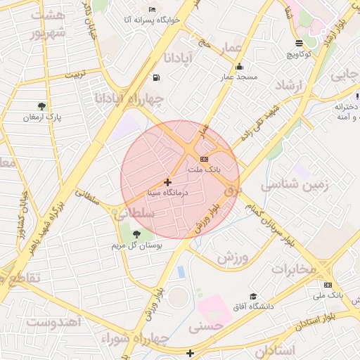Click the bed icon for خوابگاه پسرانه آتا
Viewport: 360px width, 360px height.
153,10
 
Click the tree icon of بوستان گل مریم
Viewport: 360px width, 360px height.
136,234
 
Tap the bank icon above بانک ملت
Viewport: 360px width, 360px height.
204,159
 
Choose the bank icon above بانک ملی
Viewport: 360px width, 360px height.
328,284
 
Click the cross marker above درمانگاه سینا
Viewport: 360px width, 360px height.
167,182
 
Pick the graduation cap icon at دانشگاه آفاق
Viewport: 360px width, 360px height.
253,296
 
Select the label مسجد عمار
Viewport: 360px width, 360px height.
238,76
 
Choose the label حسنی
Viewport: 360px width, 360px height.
205,326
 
